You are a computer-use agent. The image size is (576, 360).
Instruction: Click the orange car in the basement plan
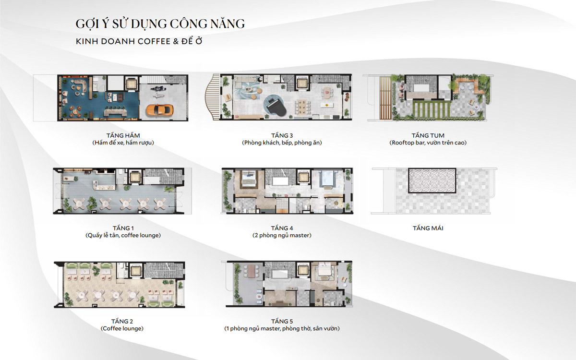pos(159,110)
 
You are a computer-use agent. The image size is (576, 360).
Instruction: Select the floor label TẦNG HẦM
pos(123,135)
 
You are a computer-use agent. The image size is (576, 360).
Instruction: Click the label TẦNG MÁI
pos(428,228)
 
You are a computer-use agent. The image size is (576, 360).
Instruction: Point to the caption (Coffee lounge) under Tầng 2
pos(122,328)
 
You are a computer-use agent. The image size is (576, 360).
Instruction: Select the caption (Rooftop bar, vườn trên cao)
pos(428,143)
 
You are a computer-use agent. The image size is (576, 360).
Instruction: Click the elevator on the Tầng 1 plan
pos(135,177)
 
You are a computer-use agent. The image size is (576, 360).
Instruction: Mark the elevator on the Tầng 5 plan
pos(303,270)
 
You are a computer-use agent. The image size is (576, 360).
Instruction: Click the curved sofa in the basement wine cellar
pos(79,85)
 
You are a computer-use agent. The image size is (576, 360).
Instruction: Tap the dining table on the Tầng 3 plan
pos(302,107)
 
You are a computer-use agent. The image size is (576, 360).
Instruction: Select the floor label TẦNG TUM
pos(428,135)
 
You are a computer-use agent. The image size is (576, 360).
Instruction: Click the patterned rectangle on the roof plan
pos(432,180)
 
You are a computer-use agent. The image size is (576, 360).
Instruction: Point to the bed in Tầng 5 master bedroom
pos(324,270)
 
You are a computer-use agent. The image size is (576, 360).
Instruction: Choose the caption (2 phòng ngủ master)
pos(282,235)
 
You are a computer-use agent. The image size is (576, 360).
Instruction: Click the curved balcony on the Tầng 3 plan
pos(212,97)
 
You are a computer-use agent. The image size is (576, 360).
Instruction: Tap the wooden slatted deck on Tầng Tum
pos(385,98)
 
